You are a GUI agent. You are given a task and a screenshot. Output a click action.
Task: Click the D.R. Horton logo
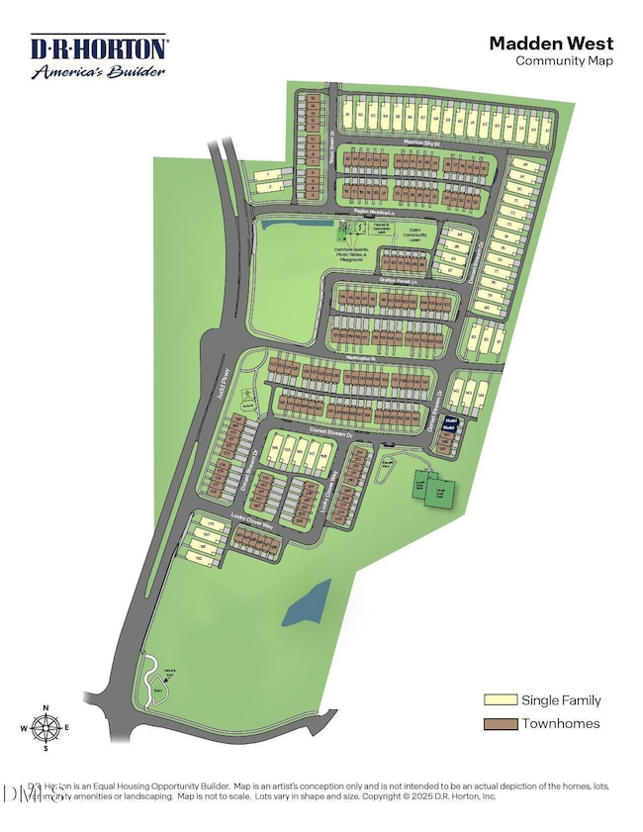[99, 56]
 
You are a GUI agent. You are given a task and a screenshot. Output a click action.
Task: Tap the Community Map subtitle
[564, 60]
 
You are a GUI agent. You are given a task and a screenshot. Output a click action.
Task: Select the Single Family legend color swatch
[498, 700]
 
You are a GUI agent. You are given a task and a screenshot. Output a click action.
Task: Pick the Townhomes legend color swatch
[498, 724]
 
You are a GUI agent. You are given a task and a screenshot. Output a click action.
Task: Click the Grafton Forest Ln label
[401, 281]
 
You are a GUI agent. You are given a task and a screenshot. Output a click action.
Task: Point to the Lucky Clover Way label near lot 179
[252, 520]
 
